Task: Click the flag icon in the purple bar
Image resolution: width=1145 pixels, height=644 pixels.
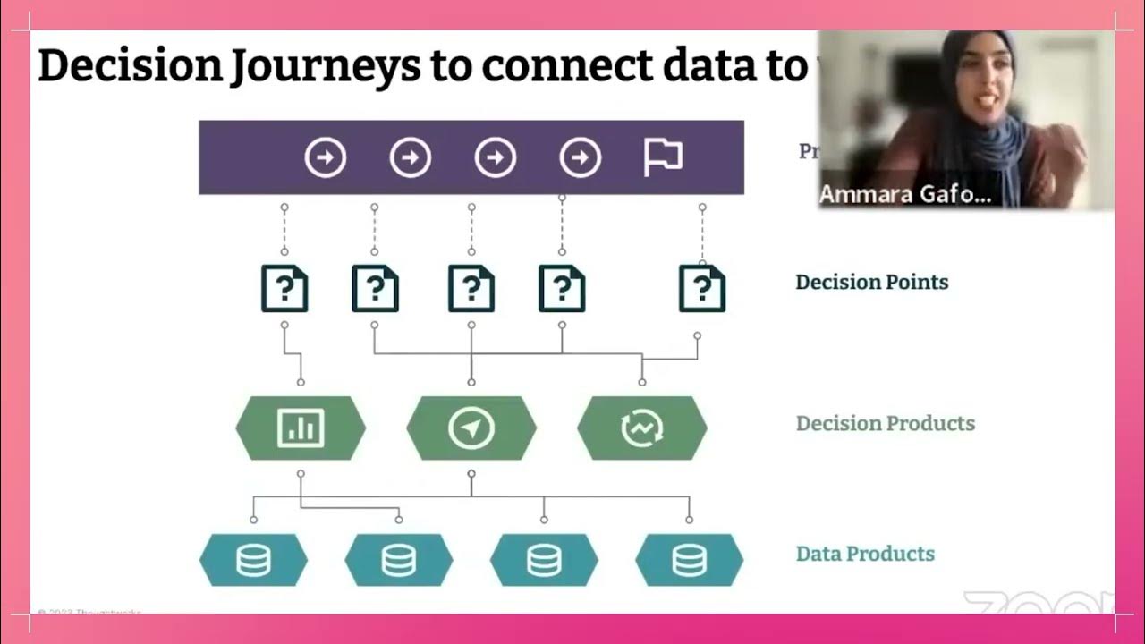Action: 663,158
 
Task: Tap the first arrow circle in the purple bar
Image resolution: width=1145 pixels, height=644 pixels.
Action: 325,158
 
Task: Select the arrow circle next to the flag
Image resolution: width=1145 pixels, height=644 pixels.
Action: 580,158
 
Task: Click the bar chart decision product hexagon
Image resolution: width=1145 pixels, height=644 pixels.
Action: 301,428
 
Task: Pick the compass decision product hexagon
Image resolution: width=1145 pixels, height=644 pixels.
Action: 471,428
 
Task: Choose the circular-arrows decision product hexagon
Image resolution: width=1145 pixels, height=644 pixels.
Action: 642,428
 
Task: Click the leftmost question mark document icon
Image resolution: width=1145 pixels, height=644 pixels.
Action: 284,288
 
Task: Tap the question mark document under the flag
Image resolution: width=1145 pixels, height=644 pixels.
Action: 702,288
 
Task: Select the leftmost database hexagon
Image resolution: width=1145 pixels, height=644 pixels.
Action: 253,560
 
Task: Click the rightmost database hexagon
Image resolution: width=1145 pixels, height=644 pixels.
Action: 689,560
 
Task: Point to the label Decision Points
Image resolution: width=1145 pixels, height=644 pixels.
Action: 871,283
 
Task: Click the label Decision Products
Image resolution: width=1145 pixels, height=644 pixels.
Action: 885,423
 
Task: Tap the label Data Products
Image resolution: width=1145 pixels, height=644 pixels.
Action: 865,554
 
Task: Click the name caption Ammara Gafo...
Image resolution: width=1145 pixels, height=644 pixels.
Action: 904,194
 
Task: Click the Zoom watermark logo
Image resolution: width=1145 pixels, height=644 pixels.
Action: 1038,605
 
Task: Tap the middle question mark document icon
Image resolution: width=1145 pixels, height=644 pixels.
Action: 471,288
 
